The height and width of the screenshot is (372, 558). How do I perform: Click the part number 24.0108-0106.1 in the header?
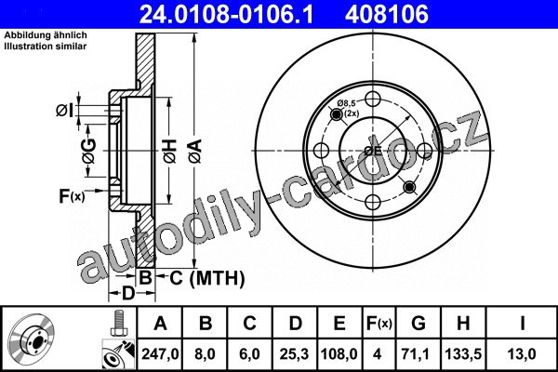click(226, 14)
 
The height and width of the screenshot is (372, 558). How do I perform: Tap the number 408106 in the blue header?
click(387, 14)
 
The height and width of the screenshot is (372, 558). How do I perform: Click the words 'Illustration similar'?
click(46, 46)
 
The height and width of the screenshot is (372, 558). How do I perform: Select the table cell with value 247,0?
click(160, 353)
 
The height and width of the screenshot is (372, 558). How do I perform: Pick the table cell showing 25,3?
click(295, 353)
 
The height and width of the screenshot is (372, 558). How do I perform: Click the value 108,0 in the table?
click(339, 353)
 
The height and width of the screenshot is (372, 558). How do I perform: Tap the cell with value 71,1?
click(416, 353)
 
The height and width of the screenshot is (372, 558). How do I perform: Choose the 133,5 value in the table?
click(463, 353)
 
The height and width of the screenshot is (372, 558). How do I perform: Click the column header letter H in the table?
click(463, 324)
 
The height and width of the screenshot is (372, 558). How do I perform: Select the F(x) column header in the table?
click(379, 324)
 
